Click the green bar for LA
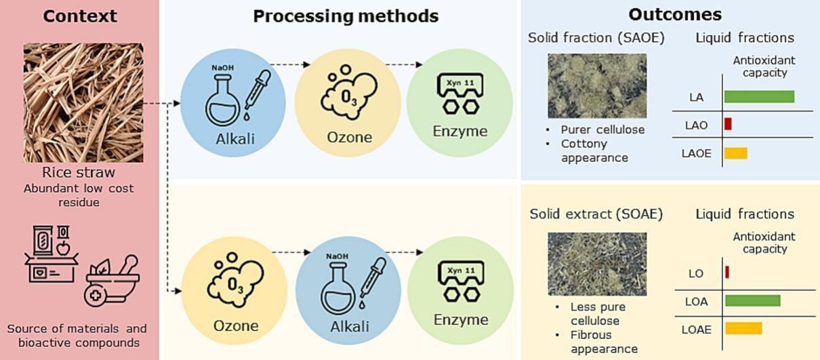click(x=759, y=97)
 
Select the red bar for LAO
click(x=728, y=124)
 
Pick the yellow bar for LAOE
click(x=736, y=153)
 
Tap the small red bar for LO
click(x=727, y=272)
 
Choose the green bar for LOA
click(x=753, y=300)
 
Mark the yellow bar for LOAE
click(x=743, y=328)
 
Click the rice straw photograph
click(x=83, y=102)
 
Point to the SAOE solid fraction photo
click(x=597, y=85)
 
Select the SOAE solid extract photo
click(x=597, y=264)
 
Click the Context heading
click(x=80, y=16)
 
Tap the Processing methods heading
click(x=346, y=16)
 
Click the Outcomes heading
click(x=675, y=15)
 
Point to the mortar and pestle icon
click(x=112, y=281)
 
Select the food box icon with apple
click(x=52, y=254)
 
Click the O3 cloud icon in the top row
click(x=349, y=92)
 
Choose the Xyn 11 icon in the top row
click(x=460, y=94)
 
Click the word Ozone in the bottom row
click(x=236, y=325)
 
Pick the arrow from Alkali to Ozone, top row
click(x=290, y=65)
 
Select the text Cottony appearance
click(x=594, y=151)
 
